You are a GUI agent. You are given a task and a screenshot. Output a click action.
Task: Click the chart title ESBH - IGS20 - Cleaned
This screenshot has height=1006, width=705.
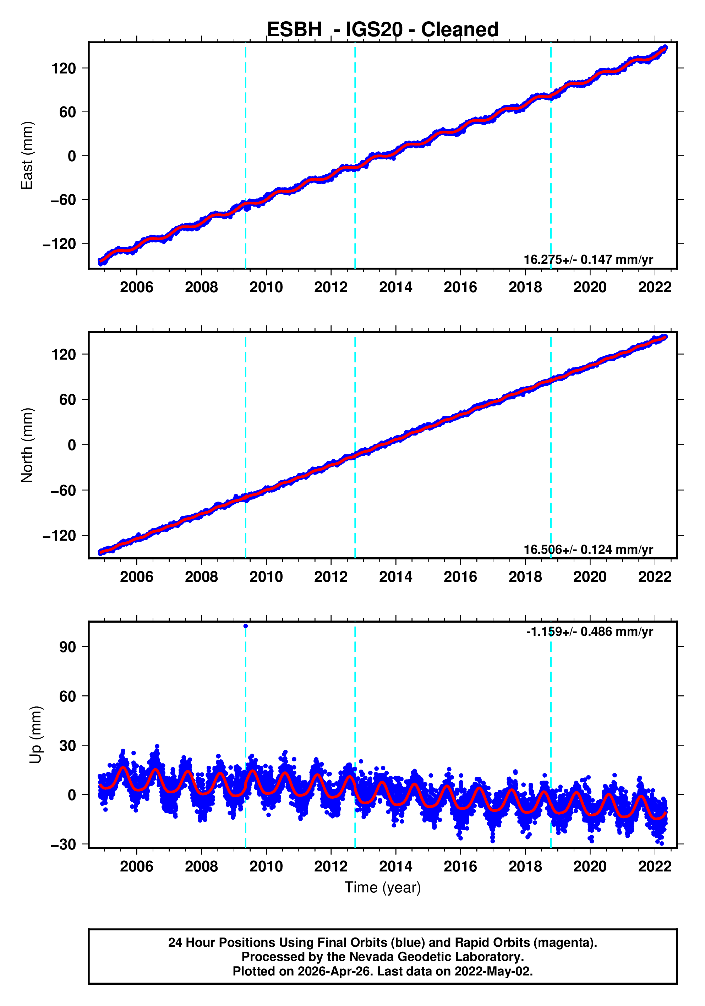(383, 30)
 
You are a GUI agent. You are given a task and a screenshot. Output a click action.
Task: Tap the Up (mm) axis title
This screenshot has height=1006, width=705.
(36, 734)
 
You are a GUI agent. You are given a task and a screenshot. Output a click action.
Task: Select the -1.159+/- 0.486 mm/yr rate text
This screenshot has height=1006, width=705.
(589, 632)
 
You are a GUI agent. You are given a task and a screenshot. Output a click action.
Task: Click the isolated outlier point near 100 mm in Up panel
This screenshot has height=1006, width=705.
(245, 626)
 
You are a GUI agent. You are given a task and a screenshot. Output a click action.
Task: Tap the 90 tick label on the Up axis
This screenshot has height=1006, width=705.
(67, 647)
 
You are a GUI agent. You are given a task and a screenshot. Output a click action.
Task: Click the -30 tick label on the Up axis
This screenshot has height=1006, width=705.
(63, 844)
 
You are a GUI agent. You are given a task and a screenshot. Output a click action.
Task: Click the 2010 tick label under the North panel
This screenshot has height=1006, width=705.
(266, 577)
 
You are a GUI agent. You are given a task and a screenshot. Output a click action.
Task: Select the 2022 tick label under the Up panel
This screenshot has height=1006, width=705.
(654, 866)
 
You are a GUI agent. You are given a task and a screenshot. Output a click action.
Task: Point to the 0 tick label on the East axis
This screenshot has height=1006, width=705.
(72, 156)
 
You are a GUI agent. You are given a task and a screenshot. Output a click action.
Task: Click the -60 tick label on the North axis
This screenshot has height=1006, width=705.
(63, 490)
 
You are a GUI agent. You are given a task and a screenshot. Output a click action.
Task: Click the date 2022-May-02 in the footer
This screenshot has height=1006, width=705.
(492, 971)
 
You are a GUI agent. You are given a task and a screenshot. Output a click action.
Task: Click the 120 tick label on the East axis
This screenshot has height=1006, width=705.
(64, 69)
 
